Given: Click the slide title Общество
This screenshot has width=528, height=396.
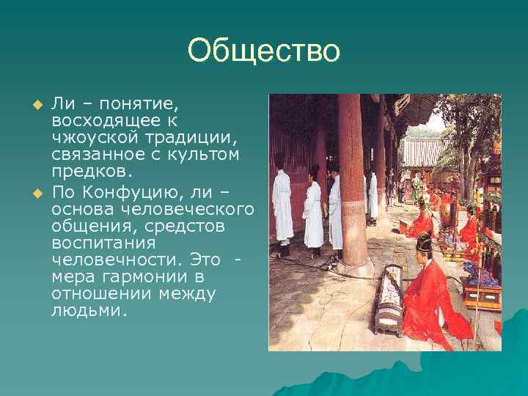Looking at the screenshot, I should [264, 51].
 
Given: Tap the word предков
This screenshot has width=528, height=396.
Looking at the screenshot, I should [92, 170].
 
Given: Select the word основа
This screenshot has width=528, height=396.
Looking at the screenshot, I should [82, 209].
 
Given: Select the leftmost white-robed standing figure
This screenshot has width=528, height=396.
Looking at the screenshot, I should [282, 205].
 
